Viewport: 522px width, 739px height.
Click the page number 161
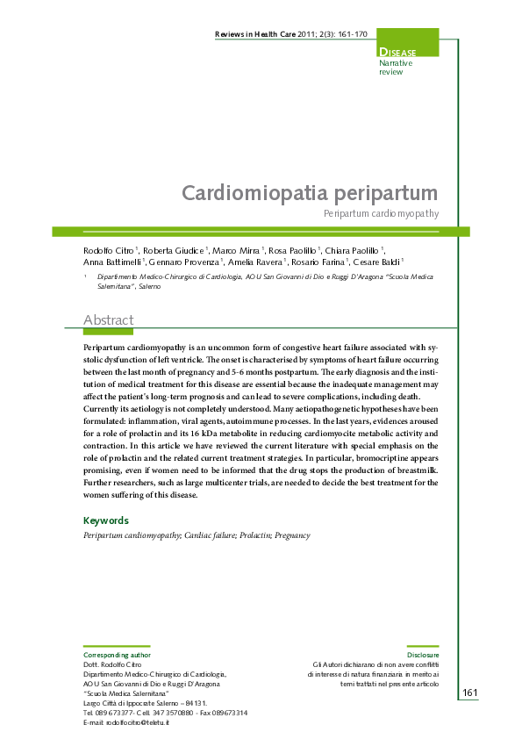469,693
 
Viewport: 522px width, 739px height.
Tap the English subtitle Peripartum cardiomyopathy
381,213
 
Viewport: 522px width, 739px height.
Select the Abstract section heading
108,320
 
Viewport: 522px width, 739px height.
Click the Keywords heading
105,520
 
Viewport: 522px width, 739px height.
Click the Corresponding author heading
117,655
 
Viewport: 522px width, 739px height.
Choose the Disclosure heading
423,655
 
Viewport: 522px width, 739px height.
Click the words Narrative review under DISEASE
395,68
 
